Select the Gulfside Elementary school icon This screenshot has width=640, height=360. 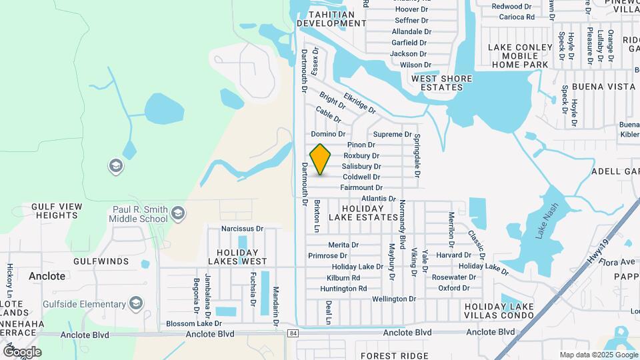tap(136, 305)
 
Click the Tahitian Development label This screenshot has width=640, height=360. tap(331, 18)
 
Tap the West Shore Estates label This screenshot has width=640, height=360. tap(441, 83)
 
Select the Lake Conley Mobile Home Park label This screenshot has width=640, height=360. tap(520, 56)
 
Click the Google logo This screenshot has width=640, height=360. tap(22, 351)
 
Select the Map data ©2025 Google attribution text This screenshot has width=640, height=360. tap(598, 355)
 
